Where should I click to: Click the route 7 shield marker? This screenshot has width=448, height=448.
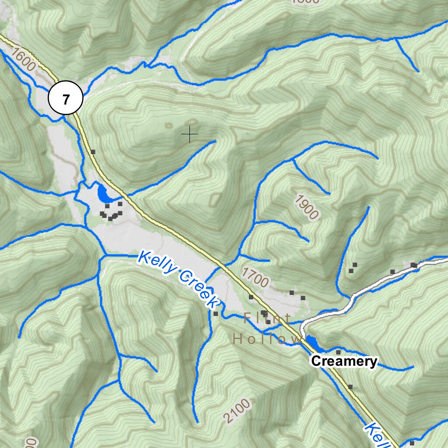[x=66, y=98]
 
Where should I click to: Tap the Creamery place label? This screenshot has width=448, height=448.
[x=343, y=361]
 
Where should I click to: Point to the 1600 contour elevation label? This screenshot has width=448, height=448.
[x=23, y=60]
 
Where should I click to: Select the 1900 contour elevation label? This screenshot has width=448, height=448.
[x=306, y=206]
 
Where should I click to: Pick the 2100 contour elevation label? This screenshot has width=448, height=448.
[x=237, y=411]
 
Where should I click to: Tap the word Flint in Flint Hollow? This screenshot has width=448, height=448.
[x=266, y=318]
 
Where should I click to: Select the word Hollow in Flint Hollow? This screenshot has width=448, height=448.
[x=266, y=339]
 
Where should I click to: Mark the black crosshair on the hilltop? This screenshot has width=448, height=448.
[x=189, y=133]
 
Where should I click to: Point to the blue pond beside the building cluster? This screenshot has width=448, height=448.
[x=103, y=193]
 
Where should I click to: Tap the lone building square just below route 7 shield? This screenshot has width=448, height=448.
[x=93, y=152]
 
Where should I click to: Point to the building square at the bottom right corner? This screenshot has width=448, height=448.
[x=412, y=443]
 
